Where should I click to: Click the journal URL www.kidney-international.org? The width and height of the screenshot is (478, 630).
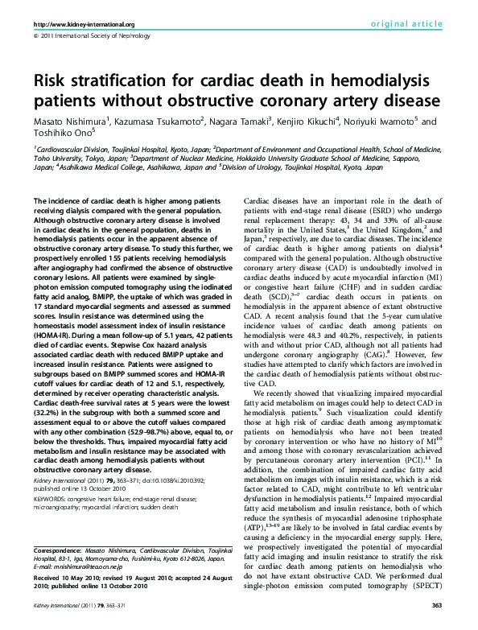pos(84,24)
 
